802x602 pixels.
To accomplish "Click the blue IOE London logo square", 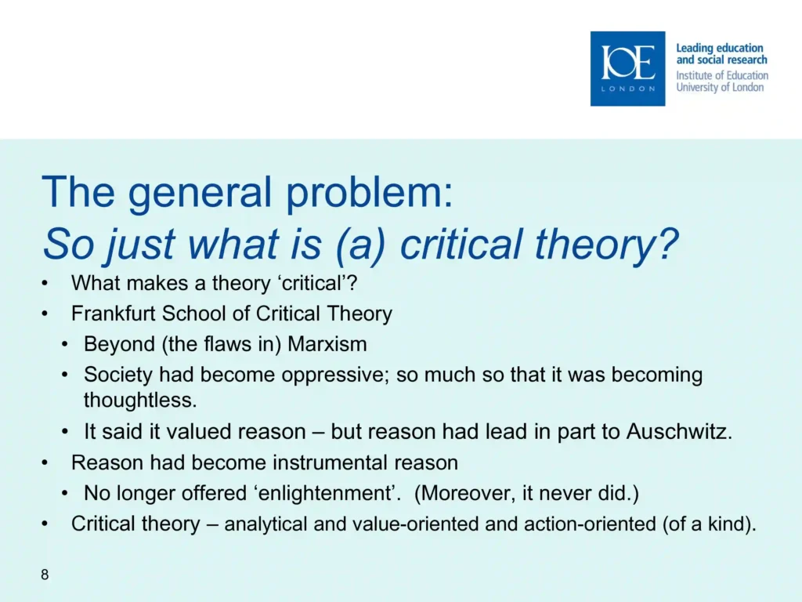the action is click(627, 69).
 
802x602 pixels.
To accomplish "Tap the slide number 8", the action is click(45, 575).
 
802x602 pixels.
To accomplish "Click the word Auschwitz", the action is click(679, 432).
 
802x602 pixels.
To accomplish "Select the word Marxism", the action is click(327, 344).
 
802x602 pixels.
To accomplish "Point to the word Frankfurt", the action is click(114, 314).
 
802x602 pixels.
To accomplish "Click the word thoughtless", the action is click(140, 400).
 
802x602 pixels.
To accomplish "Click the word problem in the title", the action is click(369, 193).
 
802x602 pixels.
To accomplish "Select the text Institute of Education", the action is click(722, 75).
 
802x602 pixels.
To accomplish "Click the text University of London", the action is click(720, 87).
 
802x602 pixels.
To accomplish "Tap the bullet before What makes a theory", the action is click(45, 283).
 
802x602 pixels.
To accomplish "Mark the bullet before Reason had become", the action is click(45, 462).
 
